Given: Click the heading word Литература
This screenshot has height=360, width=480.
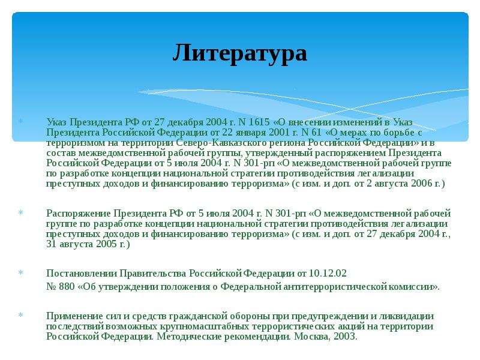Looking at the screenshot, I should pos(240,53).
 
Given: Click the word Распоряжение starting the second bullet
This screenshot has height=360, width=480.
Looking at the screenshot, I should pos(75,213).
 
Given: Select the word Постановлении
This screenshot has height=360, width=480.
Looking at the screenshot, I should pos(77,274).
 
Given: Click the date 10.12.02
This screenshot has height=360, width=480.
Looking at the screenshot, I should pos(328,274).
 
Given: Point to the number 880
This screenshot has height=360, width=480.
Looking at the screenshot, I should pos(68,286).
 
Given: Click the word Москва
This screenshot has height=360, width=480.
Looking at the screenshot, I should pos(310,336).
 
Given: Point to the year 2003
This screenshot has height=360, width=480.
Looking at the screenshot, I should pos(345,336).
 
